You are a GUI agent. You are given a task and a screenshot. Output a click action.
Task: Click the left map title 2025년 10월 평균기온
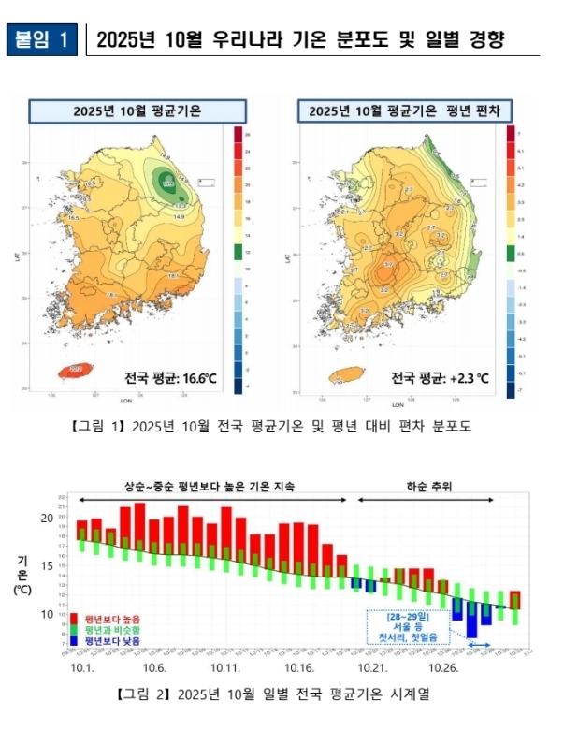124,110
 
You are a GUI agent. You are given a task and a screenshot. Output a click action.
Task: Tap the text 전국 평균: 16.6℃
170,378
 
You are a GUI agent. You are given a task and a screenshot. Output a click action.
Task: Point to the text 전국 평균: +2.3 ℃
439,378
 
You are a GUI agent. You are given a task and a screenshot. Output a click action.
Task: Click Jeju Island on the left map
77,371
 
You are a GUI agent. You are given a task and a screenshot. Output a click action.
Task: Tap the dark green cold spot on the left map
169,183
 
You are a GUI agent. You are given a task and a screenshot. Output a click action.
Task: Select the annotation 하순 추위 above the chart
428,487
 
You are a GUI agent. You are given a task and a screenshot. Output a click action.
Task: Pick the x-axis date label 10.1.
83,667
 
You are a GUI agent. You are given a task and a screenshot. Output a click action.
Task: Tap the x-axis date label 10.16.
299,667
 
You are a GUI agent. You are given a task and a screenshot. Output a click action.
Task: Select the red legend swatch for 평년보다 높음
75,619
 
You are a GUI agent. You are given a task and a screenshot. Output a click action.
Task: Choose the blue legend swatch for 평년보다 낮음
75,641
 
